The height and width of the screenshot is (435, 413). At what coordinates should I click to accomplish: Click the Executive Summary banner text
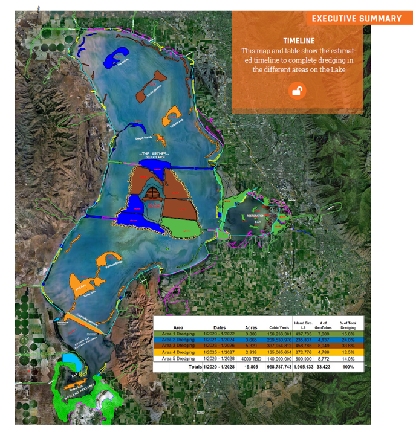point(356,18)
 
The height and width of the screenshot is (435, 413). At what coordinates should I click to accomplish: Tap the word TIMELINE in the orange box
point(299,40)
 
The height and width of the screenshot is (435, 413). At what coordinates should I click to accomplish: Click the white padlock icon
point(297,91)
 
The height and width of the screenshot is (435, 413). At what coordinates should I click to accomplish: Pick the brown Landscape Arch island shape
point(153,82)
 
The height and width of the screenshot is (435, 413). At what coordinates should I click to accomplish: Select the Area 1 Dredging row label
point(178,333)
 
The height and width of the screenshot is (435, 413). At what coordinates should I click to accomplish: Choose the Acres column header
point(251,327)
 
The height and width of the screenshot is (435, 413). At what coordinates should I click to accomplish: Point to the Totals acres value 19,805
point(251,367)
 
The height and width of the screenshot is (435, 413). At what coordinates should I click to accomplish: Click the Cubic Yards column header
point(278,327)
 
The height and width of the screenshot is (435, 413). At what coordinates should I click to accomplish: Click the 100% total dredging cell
point(348,367)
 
